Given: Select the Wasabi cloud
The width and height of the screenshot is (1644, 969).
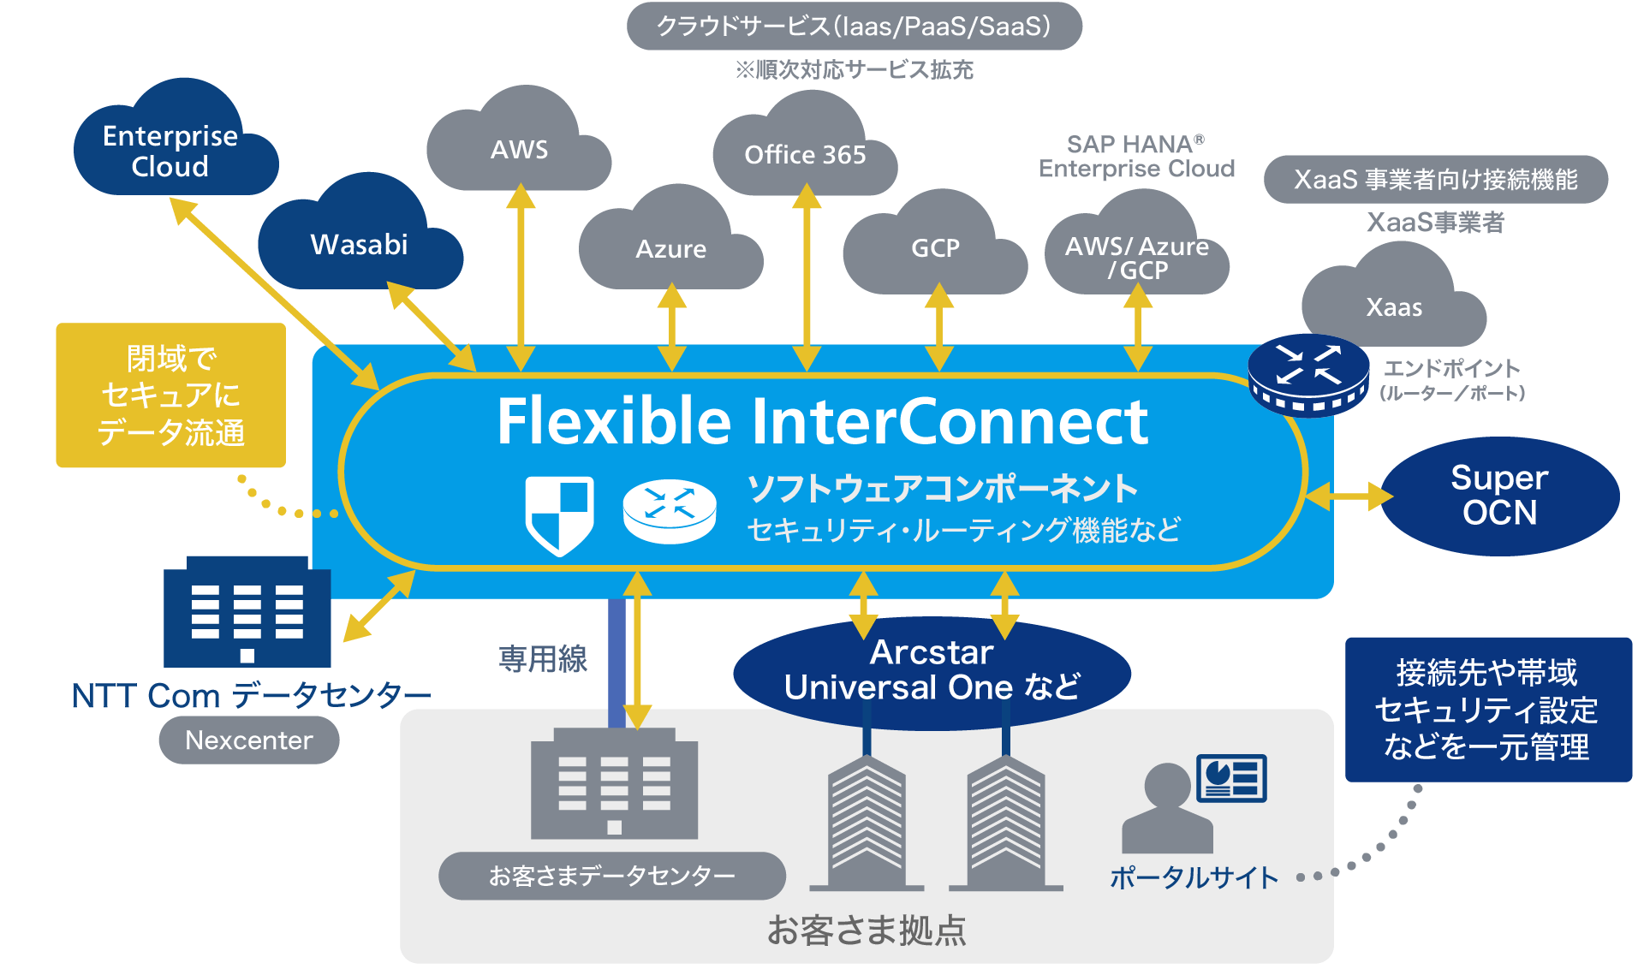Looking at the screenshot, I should (x=360, y=244).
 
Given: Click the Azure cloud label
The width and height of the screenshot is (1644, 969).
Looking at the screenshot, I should (x=671, y=249).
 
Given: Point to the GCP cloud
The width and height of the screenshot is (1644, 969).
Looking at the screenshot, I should (x=935, y=248).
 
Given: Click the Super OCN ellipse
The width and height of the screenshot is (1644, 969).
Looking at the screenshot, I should (x=1499, y=496).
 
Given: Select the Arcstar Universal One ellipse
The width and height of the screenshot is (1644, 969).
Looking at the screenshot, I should (x=932, y=671).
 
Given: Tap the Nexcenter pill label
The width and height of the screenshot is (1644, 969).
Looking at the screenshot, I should (x=249, y=740).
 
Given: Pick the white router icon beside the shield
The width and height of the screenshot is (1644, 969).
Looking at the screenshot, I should (x=670, y=512).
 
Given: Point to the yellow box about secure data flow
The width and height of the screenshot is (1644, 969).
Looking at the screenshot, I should (x=170, y=395).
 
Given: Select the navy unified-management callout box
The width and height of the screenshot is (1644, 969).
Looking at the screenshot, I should (x=1487, y=710).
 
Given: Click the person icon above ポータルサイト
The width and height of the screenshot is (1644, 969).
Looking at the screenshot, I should (x=1168, y=809).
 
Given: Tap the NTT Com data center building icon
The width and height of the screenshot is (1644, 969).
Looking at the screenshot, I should (x=247, y=613).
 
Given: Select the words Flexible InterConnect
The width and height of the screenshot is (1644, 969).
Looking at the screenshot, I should (x=822, y=422).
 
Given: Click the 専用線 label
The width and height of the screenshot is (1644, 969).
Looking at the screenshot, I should (x=543, y=659).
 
